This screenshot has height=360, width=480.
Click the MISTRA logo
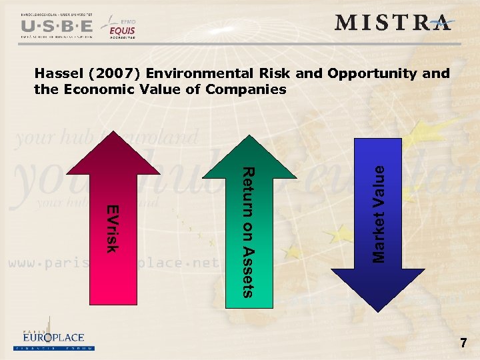(x=393, y=23)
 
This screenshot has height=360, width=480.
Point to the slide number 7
(x=463, y=343)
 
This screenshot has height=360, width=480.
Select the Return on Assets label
(x=247, y=230)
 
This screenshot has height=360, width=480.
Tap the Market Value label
(x=378, y=213)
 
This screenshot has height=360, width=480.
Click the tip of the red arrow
(x=116, y=133)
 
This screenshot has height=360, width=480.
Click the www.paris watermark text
(x=40, y=263)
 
